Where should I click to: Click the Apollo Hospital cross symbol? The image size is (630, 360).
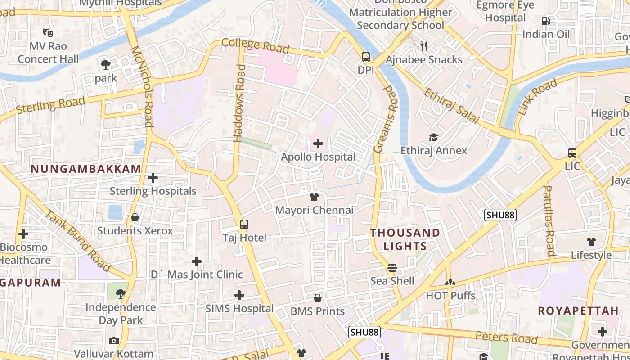point(318,144)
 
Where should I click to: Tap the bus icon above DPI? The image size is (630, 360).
point(366,57)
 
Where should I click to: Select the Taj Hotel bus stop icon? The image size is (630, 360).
point(244,224)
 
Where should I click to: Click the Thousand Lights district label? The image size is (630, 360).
point(405,239)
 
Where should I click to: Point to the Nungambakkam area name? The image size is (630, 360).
point(86,169)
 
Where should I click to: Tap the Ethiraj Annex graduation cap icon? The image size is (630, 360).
point(433,137)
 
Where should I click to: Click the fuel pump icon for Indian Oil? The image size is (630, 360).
point(545,21)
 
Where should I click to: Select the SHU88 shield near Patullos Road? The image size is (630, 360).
point(500,215)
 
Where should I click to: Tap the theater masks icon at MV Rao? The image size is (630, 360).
point(48,32)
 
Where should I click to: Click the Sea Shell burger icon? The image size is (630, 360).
point(392,268)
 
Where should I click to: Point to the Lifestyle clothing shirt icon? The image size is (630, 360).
point(591,242)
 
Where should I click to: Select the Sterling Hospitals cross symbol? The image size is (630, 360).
point(153,178)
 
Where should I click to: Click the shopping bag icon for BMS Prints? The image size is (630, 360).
point(318,298)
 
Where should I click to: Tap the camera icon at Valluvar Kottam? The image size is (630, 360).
point(114,341)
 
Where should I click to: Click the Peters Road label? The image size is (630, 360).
point(507,337)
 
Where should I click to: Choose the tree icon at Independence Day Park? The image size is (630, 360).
point(120,294)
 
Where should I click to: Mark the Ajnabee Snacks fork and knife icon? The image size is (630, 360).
point(423,46)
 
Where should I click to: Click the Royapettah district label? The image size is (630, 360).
point(578,310)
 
